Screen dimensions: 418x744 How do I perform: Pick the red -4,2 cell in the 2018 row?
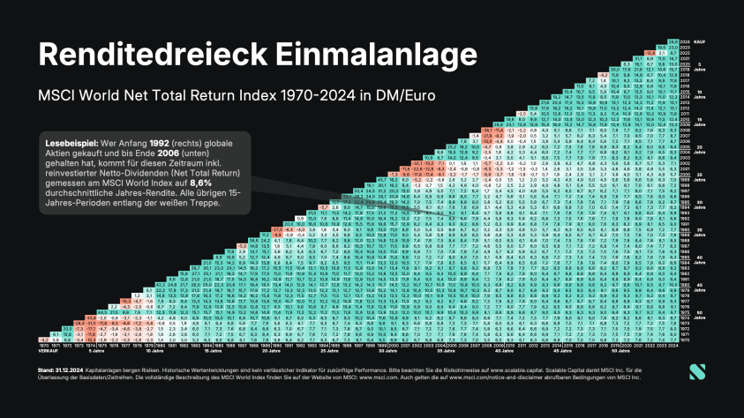[604, 74]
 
